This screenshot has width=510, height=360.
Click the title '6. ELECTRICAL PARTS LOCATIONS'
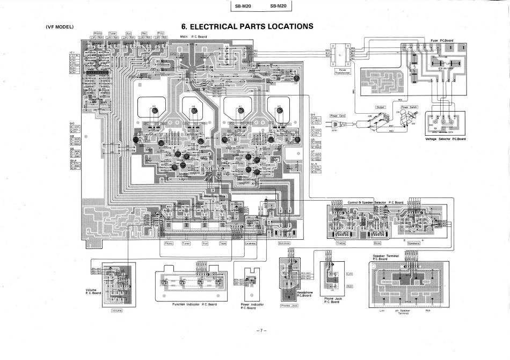point(247,26)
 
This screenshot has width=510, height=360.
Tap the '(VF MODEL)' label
point(60,27)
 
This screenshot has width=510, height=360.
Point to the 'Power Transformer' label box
point(341,71)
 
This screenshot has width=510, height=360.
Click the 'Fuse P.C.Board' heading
point(442,40)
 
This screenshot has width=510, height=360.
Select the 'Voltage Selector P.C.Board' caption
point(446,139)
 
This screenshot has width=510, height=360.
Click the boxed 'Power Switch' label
point(410,107)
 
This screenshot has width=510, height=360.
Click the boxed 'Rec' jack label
point(144,33)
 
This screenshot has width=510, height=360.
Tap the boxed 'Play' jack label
point(160,33)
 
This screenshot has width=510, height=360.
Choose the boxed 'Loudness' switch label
point(251,243)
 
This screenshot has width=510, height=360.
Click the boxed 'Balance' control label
point(284,243)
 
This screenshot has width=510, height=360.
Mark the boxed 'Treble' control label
point(341,243)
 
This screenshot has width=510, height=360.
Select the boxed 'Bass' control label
point(377,243)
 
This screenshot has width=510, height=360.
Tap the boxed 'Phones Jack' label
point(289,306)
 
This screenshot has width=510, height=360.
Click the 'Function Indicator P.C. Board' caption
point(194,304)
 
